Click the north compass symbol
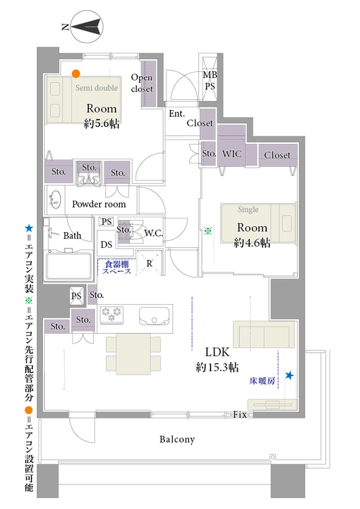click(x=86, y=26)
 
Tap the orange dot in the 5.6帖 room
click(x=75, y=74)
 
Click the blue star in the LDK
click(x=289, y=375)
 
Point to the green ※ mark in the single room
click(x=208, y=231)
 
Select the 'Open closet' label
click(x=142, y=83)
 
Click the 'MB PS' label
click(x=210, y=81)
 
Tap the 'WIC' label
click(x=232, y=153)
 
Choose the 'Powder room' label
click(x=98, y=204)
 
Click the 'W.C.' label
click(x=154, y=233)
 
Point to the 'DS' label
click(x=106, y=244)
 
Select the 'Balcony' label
click(x=177, y=440)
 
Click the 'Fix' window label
click(x=240, y=415)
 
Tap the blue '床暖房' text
click(x=262, y=381)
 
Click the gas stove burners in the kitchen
click(x=112, y=314)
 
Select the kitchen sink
click(x=154, y=316)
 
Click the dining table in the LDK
click(x=133, y=354)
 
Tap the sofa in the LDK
click(x=264, y=335)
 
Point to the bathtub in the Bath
click(x=68, y=265)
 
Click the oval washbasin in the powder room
click(x=55, y=200)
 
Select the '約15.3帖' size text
click(x=217, y=367)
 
